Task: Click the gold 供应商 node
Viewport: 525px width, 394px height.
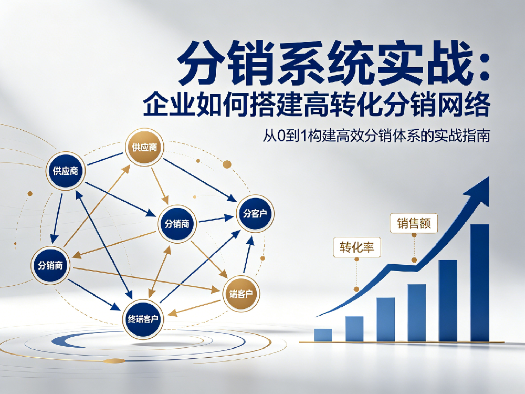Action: [x=144, y=147]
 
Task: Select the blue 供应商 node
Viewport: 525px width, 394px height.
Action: [x=66, y=171]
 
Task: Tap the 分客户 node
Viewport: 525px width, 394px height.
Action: [x=255, y=213]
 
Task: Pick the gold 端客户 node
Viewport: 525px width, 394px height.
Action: [x=241, y=294]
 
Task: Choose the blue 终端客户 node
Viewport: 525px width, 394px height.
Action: [x=143, y=319]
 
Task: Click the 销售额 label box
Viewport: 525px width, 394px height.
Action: [x=414, y=223]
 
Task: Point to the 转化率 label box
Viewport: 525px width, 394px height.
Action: [x=357, y=247]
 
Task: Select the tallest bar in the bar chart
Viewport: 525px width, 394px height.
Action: [x=479, y=283]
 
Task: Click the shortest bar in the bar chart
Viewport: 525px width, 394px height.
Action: [x=323, y=335]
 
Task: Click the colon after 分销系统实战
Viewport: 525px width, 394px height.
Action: [x=484, y=66]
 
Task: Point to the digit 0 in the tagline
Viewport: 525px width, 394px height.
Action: [x=281, y=136]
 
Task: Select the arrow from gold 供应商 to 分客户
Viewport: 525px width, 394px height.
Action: [x=200, y=180]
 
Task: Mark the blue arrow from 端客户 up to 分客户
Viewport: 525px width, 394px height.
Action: [x=248, y=254]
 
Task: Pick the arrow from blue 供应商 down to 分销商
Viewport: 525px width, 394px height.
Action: [x=57, y=219]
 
